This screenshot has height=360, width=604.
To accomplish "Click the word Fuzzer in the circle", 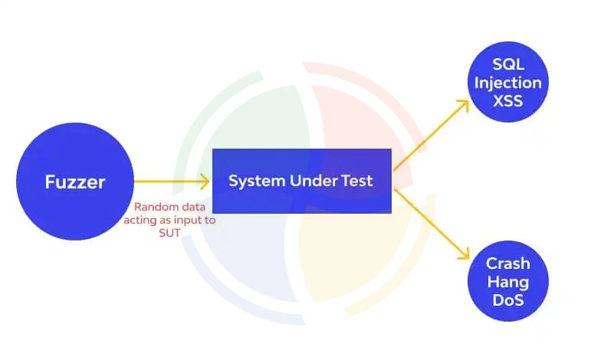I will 74,182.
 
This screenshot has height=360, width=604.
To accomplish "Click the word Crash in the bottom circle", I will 507,264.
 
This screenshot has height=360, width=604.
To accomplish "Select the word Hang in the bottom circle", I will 507,282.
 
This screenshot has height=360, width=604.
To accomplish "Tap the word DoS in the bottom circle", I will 507,299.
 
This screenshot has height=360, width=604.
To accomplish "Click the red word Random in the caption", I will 154,207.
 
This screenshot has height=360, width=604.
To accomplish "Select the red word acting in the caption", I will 140,220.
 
